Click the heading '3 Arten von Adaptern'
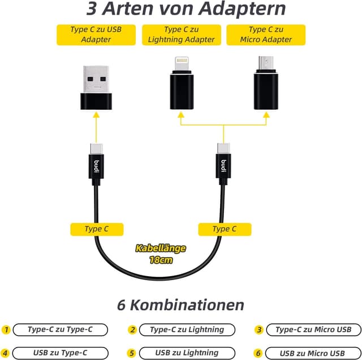[186, 10]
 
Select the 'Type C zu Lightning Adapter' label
[181, 35]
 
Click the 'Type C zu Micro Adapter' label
[266, 35]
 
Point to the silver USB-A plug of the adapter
[96, 79]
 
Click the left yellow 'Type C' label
[96, 229]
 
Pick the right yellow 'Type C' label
[224, 229]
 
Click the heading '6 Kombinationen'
[180, 305]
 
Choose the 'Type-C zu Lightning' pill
[187, 329]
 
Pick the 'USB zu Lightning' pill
[187, 353]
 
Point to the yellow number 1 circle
[6, 329]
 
